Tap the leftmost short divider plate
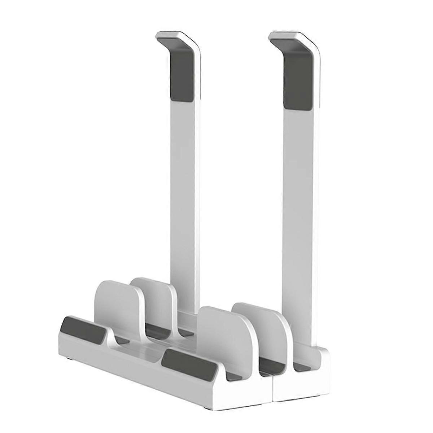(x=115, y=307)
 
